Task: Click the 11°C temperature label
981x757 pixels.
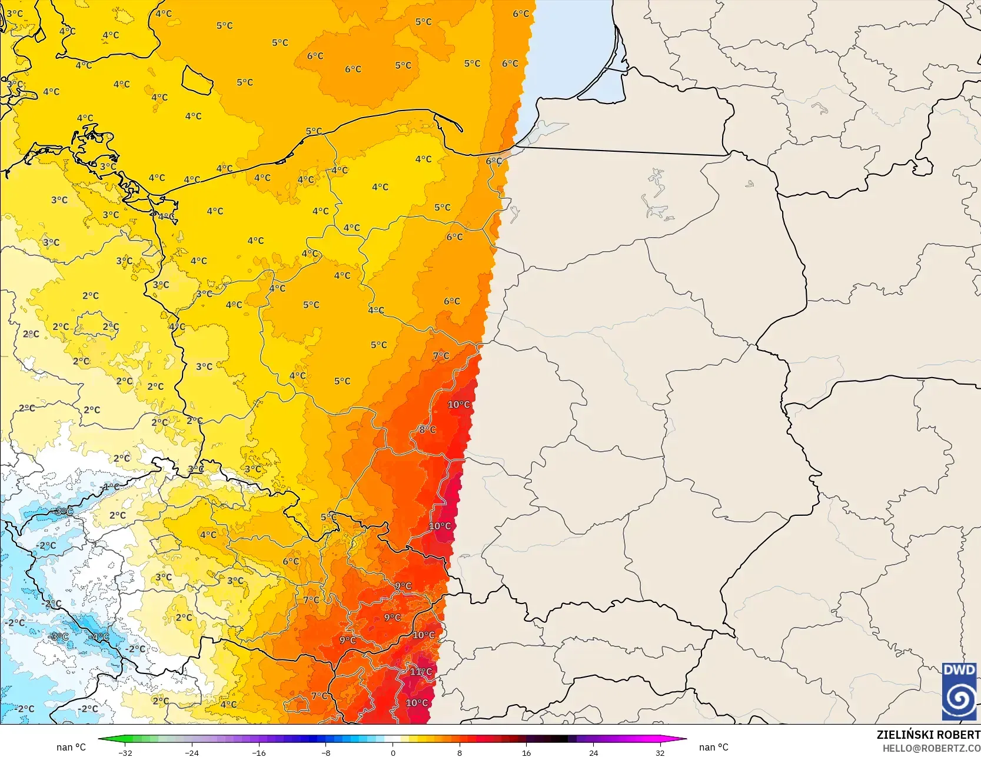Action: pos(421,672)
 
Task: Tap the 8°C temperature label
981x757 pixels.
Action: pos(427,430)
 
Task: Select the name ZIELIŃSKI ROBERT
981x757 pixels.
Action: pos(928,735)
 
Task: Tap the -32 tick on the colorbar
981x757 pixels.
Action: pos(125,752)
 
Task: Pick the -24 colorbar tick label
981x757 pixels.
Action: pos(192,752)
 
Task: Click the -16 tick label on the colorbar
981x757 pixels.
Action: pos(259,752)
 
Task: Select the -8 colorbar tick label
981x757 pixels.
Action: pos(326,752)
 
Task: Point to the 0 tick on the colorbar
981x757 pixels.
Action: pos(393,752)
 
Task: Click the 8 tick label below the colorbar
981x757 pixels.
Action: pos(460,752)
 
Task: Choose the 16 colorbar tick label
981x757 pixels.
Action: pos(527,752)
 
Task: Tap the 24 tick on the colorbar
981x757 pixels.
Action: pos(593,752)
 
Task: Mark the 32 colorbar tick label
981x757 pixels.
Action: pos(660,752)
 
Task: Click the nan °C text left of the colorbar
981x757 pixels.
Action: pos(71,747)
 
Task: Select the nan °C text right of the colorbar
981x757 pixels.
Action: pos(714,747)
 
